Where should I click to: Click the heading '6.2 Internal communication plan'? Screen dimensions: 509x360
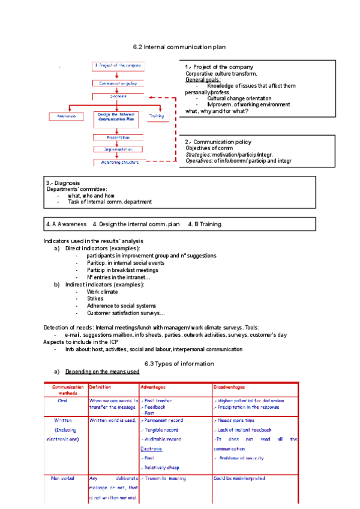pyautogui.click(x=179, y=47)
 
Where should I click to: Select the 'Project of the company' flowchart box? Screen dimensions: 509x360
pyautogui.click(x=117, y=65)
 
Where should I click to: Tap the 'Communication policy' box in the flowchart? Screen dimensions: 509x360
pyautogui.click(x=117, y=83)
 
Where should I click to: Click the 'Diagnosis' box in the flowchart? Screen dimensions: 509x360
pyautogui.click(x=117, y=96)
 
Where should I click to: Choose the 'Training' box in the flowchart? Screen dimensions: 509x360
pyautogui.click(x=156, y=116)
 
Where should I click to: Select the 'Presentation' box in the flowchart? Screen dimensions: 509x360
pyautogui.click(x=117, y=137)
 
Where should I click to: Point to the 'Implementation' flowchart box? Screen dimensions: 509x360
pyautogui.click(x=117, y=149)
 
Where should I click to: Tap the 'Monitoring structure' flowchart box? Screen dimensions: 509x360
pyautogui.click(x=117, y=162)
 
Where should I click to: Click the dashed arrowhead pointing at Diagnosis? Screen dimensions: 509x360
pyautogui.click(x=151, y=97)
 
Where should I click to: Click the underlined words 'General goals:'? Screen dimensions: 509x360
pyautogui.click(x=203, y=80)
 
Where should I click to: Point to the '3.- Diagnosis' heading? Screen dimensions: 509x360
pyautogui.click(x=63, y=183)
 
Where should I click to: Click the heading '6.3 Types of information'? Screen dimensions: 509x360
pyautogui.click(x=179, y=364)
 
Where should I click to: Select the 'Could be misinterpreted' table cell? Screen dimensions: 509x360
pyautogui.click(x=239, y=478)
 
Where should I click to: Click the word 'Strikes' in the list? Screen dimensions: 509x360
pyautogui.click(x=95, y=298)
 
